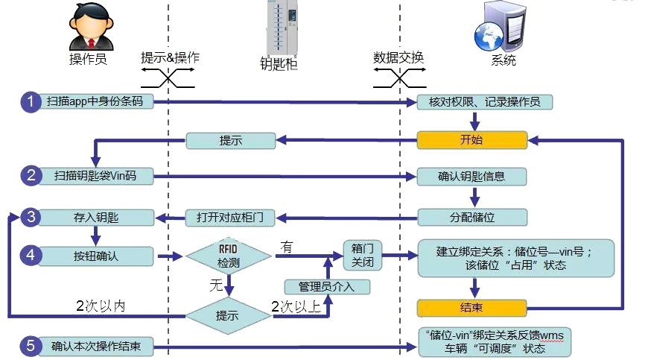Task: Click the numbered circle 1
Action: pyautogui.click(x=31, y=101)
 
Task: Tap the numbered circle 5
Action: pyautogui.click(x=31, y=346)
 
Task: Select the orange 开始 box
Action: pyautogui.click(x=472, y=140)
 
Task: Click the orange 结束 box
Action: pyautogui.click(x=472, y=308)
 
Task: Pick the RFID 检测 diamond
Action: pyautogui.click(x=229, y=256)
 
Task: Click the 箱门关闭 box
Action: pyautogui.click(x=363, y=256)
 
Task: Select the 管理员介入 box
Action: pyautogui.click(x=327, y=286)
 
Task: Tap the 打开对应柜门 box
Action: pyautogui.click(x=230, y=218)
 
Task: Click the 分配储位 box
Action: pyautogui.click(x=472, y=218)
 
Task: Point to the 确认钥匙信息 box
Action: pyautogui.click(x=471, y=177)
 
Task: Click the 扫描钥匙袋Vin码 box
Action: pyautogui.click(x=95, y=176)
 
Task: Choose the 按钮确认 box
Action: pyautogui.click(x=95, y=256)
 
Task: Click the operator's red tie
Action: pyautogui.click(x=92, y=43)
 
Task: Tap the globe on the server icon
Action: pyautogui.click(x=489, y=37)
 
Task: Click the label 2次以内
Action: pyautogui.click(x=101, y=306)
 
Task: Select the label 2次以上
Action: pyautogui.click(x=296, y=306)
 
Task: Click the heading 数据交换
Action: pyautogui.click(x=398, y=57)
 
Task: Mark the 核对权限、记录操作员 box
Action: pyautogui.click(x=484, y=102)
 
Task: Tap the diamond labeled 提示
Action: pyautogui.click(x=228, y=316)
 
